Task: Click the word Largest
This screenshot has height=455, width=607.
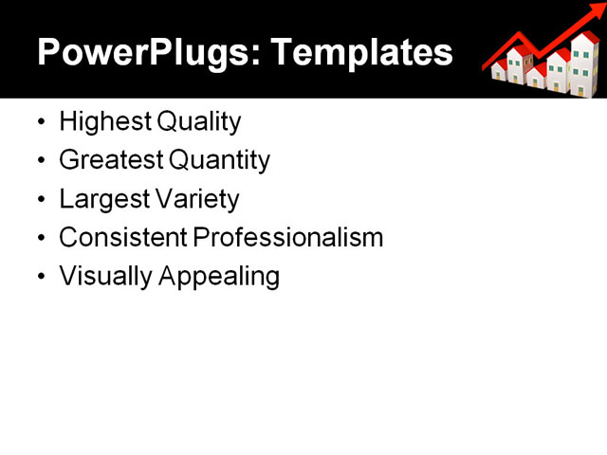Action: click(x=98, y=200)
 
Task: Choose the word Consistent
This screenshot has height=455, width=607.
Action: click(x=122, y=238)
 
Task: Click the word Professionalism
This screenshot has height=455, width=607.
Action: click(x=288, y=238)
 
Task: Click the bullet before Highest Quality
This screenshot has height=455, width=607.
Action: click(x=40, y=123)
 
